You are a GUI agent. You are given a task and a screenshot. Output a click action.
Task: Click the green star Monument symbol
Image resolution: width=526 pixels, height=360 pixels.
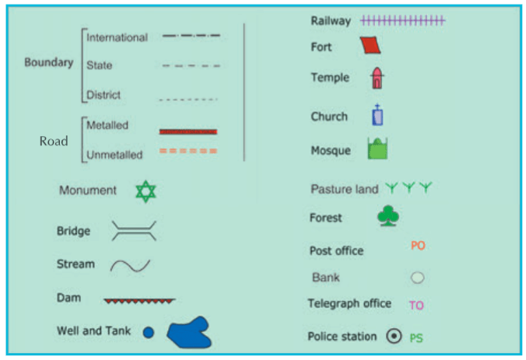coord(146,191)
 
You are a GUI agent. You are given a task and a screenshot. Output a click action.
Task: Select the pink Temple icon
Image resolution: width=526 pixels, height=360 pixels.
coord(378,78)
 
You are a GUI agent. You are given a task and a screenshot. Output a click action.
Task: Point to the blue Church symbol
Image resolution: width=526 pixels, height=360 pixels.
coord(378,116)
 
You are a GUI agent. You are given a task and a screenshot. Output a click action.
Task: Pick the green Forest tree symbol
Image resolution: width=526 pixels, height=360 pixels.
coord(387,216)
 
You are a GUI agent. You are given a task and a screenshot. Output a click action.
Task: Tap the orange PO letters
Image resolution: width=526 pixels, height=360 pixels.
coord(418,246)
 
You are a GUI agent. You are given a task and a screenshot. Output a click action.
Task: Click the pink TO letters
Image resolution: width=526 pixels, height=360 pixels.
coord(416,306)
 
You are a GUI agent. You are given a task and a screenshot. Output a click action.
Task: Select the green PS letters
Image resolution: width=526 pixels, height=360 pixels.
coord(416,338)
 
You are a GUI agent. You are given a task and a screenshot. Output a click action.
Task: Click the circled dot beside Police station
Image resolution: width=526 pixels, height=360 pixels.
coord(394,337)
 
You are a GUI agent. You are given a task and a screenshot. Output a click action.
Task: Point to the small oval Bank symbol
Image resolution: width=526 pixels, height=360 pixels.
coord(417,277)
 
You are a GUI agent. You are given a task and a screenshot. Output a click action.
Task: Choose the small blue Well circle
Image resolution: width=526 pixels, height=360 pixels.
coord(149,333)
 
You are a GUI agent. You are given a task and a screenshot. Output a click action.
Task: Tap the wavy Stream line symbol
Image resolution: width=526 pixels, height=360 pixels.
coord(130,265)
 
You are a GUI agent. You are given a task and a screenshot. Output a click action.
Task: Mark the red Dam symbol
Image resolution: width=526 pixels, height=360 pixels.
coord(139,299)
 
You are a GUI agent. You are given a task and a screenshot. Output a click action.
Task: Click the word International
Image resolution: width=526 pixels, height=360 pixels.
coord(117,37)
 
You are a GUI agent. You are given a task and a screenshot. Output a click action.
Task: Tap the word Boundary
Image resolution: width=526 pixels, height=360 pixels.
coord(48,63)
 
